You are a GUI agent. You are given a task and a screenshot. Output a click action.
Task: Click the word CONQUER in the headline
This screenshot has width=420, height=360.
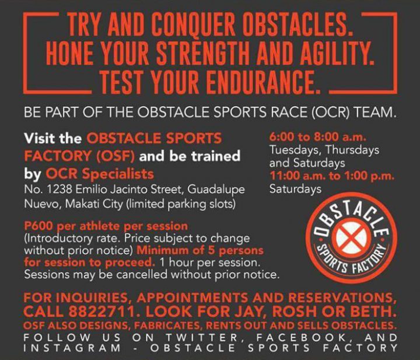tap(194, 24)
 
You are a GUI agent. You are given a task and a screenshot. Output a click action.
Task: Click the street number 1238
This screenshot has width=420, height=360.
tap(60, 190)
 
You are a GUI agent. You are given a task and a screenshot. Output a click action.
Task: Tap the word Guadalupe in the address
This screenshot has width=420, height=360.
tap(216, 190)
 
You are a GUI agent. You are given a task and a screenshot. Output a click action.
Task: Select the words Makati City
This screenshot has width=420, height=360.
tap(94, 204)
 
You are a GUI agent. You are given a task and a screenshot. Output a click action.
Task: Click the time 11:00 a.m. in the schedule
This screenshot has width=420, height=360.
tap(299, 176)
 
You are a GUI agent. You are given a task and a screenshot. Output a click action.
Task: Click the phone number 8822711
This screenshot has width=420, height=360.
tap(101, 312)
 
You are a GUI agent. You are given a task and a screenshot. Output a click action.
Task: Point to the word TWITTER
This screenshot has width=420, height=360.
tap(202, 338)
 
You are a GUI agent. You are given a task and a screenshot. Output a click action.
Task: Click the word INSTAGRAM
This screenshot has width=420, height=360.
tap(72, 348)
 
